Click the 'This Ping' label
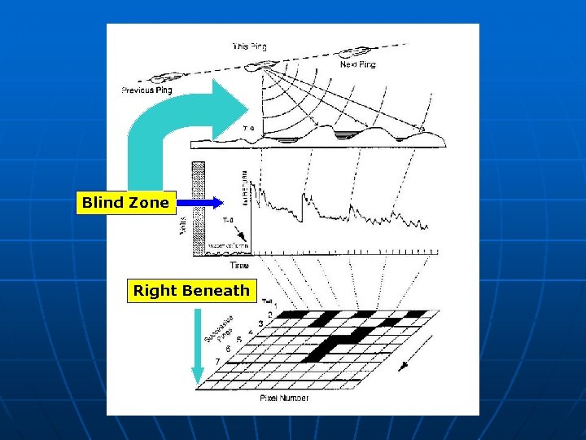click(249, 46)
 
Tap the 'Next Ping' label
click(357, 64)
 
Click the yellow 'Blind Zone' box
click(125, 203)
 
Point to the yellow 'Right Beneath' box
click(191, 291)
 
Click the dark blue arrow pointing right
click(200, 203)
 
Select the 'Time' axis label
click(239, 266)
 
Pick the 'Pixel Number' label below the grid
click(284, 398)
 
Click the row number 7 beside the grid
click(217, 361)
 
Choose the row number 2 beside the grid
click(269, 314)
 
